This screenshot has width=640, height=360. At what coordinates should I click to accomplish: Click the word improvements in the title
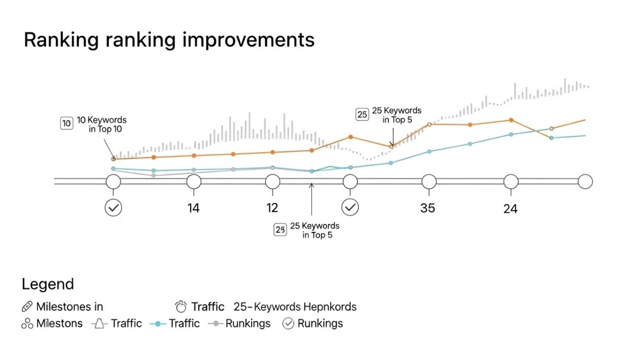coord(248,40)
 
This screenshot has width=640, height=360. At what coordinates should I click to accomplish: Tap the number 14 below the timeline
coord(193,208)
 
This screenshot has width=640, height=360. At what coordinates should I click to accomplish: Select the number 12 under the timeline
coord(272,207)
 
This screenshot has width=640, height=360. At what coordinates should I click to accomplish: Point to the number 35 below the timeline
coord(427,207)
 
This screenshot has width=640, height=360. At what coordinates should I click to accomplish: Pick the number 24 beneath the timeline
coord(510,208)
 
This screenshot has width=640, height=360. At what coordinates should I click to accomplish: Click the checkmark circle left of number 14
coord(113,207)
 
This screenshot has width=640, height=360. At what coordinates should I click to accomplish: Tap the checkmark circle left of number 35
coord(350,207)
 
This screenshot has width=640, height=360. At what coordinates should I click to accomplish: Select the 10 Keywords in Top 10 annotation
coord(101,124)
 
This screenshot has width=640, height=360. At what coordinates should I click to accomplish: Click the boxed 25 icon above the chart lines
coord(361,114)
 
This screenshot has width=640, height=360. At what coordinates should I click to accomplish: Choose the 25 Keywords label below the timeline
coord(314,230)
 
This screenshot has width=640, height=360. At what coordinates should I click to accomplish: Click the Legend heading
coord(47,284)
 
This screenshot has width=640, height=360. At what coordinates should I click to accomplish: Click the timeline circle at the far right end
coord(585,181)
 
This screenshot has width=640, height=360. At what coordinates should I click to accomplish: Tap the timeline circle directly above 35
coord(429,181)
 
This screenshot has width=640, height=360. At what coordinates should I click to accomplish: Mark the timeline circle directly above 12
coord(272,181)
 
